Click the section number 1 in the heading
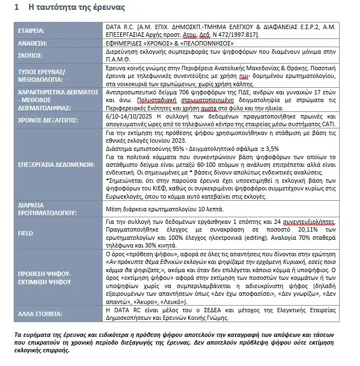(18, 8)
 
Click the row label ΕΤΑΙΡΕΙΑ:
(31, 31)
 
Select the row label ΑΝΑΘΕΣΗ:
(32, 43)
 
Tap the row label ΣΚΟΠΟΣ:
(30, 54)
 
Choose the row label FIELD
(25, 232)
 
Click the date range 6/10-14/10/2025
(129, 115)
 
